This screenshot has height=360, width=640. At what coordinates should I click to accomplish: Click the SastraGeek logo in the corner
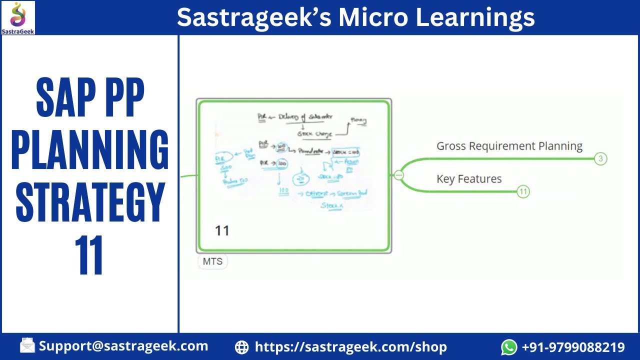(18, 17)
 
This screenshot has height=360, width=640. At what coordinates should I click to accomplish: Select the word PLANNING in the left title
(90, 149)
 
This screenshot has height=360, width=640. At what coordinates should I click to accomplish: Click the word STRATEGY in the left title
(90, 202)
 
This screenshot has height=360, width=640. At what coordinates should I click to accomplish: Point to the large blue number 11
(90, 255)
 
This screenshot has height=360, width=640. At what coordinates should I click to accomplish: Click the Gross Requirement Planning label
(509, 146)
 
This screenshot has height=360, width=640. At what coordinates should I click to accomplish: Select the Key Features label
(469, 179)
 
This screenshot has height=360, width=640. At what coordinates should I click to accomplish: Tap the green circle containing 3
(600, 159)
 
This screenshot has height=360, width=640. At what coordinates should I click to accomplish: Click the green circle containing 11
(523, 191)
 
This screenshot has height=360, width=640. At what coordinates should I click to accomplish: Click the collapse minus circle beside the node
(398, 175)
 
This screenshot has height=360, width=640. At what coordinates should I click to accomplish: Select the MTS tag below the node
(212, 261)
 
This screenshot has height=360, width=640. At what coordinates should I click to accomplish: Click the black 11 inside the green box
(222, 230)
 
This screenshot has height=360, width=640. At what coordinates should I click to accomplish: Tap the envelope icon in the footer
(27, 346)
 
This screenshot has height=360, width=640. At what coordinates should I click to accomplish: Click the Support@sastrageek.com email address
(123, 346)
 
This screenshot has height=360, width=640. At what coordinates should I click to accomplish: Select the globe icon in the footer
(241, 347)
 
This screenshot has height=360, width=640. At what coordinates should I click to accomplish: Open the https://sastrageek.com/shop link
(350, 347)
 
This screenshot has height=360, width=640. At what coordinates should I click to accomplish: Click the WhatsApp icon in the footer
(509, 347)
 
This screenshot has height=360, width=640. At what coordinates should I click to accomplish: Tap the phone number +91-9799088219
(573, 347)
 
